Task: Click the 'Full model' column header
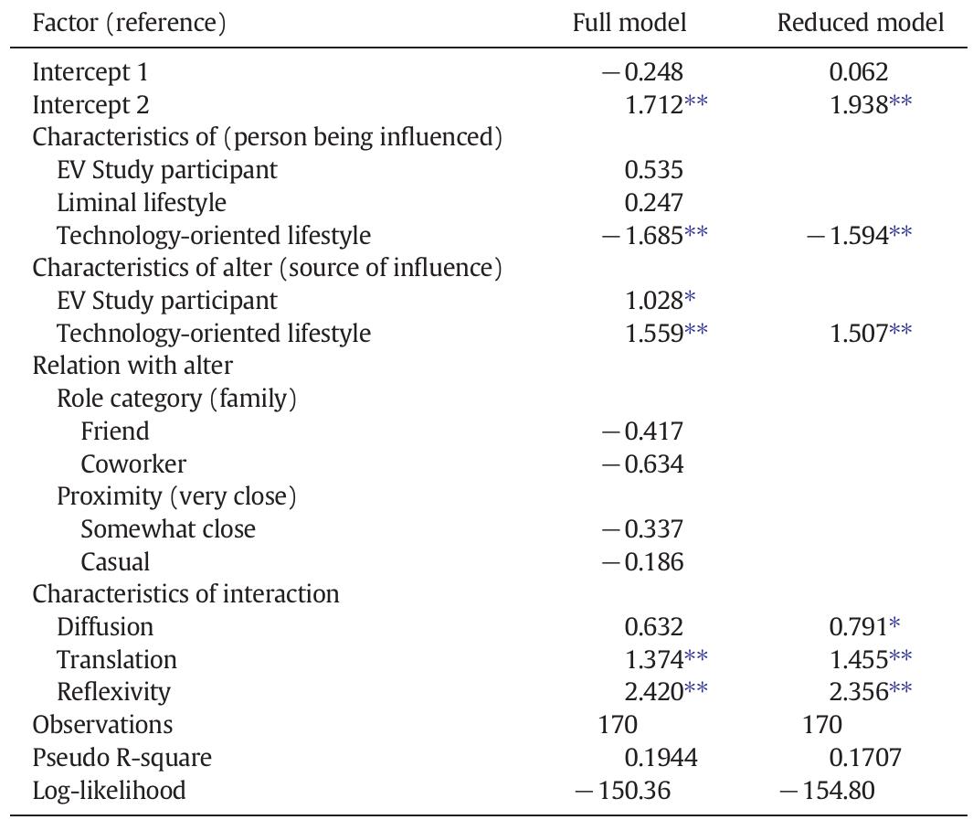629,23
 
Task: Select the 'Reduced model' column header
860,23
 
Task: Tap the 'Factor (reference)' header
129,23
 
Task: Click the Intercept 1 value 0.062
859,72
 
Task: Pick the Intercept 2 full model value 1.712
654,105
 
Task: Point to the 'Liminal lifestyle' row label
142,202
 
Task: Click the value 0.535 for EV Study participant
653,170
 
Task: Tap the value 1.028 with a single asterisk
654,300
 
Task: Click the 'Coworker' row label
133,463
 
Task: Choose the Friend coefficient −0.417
641,431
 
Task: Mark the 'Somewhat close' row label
168,528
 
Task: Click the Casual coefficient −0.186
641,561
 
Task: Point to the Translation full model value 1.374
654,659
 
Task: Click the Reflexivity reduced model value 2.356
859,692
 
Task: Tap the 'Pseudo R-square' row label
122,757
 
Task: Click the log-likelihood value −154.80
827,790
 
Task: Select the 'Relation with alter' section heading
132,366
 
